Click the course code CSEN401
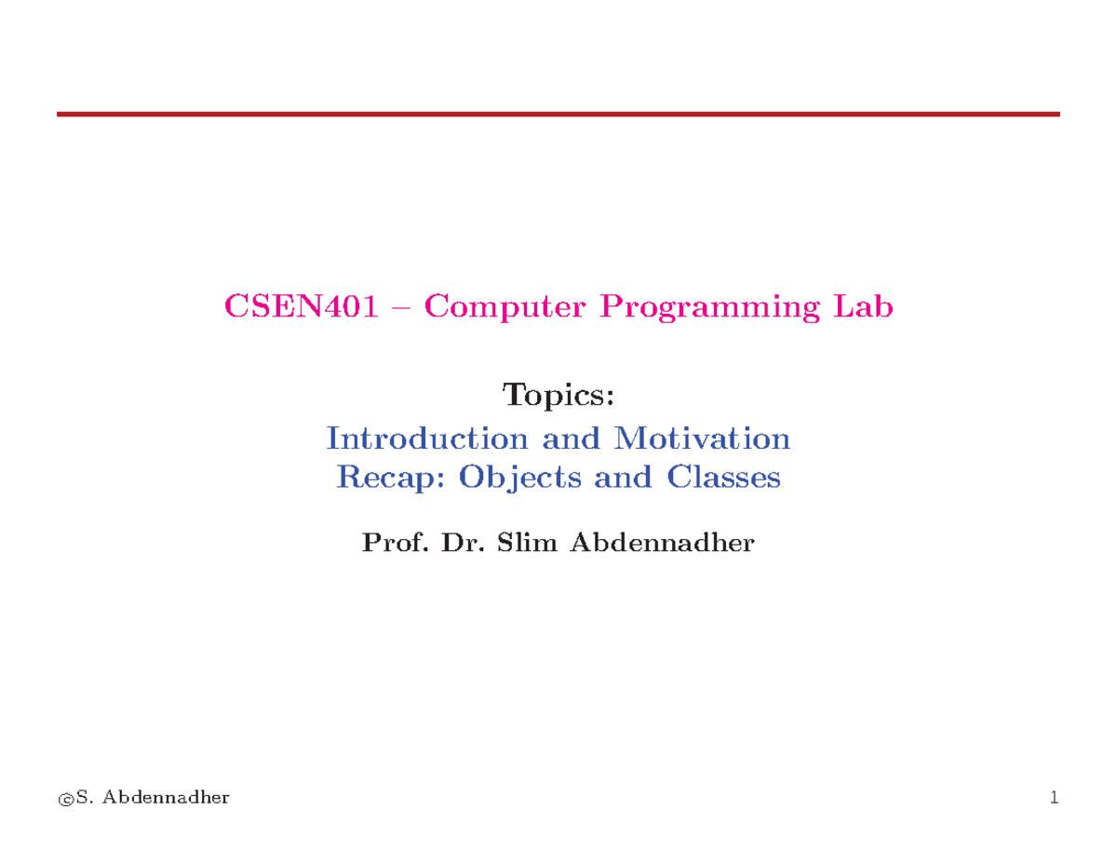tap(301, 306)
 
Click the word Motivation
tap(700, 438)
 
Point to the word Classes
tap(723, 478)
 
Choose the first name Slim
tap(529, 543)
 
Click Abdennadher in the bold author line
tap(661, 543)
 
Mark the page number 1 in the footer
tap(1054, 797)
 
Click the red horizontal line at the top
tap(558, 114)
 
